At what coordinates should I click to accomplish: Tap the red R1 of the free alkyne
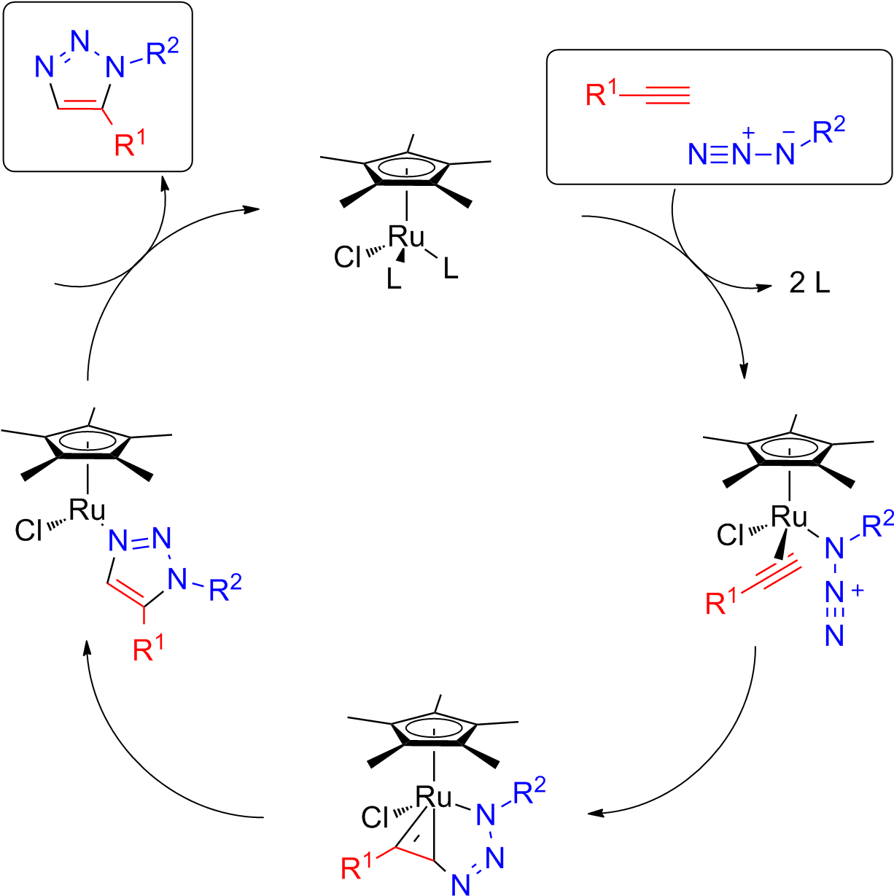point(602,96)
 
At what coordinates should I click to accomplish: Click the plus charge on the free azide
point(746,133)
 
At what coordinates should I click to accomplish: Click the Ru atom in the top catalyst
point(405,237)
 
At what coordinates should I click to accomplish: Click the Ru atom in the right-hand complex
point(790,518)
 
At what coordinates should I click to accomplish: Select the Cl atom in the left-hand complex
point(31,529)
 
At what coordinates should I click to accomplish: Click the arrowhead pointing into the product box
point(165,188)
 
